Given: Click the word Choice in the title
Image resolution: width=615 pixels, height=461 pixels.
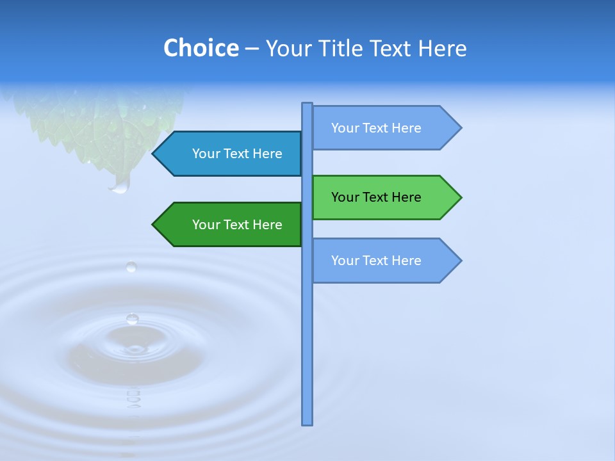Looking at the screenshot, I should (201, 48).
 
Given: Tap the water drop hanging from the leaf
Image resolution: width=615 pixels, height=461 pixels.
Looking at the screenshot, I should (120, 186).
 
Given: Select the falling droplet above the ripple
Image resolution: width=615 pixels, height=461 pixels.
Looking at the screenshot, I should (131, 266).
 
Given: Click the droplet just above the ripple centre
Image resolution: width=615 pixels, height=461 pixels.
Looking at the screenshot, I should (132, 318).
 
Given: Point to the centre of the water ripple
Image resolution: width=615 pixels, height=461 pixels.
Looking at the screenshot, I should (134, 350).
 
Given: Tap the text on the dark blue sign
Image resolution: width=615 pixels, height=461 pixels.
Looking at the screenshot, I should (237, 154).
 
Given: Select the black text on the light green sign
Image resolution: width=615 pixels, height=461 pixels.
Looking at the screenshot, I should (376, 197).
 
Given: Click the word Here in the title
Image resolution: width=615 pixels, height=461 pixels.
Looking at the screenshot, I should (442, 48).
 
